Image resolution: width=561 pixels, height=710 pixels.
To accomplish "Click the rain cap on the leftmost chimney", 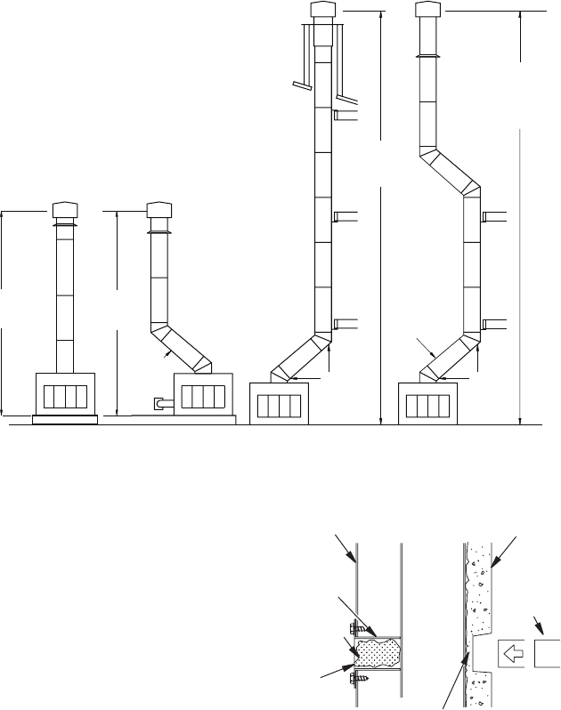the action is (x=64, y=212).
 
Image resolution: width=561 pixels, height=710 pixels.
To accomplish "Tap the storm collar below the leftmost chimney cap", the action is (x=64, y=228).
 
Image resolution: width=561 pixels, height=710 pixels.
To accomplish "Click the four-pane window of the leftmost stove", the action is (x=67, y=394).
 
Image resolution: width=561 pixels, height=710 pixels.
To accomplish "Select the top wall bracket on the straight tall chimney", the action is (x=346, y=115).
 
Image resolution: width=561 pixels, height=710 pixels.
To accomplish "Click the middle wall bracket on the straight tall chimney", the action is (x=346, y=215).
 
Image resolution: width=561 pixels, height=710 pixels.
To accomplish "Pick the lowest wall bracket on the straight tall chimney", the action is (x=346, y=322).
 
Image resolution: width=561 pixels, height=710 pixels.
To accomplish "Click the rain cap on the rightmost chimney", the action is (x=430, y=12).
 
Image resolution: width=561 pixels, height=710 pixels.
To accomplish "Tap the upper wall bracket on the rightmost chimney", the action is (x=494, y=215).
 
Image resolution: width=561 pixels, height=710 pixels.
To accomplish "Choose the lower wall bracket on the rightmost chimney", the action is (x=494, y=322).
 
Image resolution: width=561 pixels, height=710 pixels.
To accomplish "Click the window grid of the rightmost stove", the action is (x=430, y=405).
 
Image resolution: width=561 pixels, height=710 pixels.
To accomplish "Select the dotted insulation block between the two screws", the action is (x=378, y=652).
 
